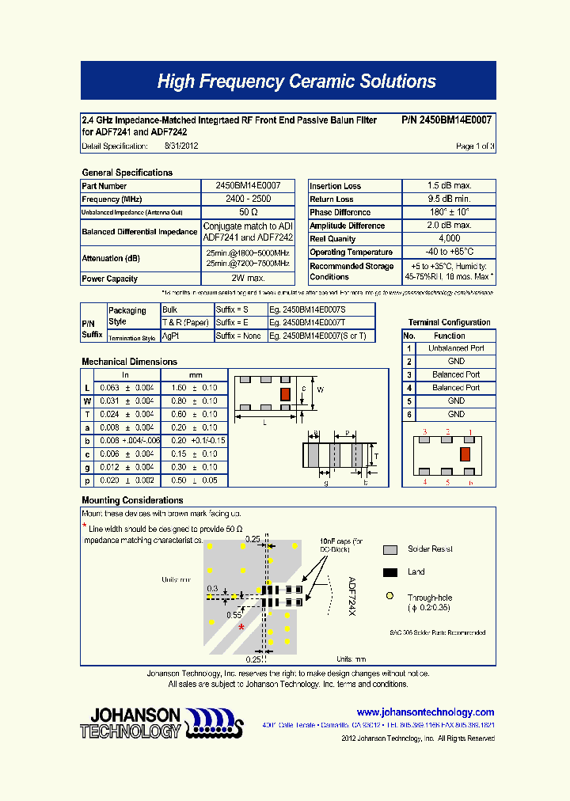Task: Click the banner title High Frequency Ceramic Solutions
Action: pyautogui.click(x=296, y=82)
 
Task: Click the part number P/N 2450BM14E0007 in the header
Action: pyautogui.click(x=446, y=120)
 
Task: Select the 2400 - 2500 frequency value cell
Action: pyautogui.click(x=248, y=199)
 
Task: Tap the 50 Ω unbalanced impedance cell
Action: pyautogui.click(x=248, y=213)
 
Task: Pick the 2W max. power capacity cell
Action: pyautogui.click(x=248, y=279)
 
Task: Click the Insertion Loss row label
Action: pyautogui.click(x=336, y=186)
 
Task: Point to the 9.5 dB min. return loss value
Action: pyautogui.click(x=449, y=199)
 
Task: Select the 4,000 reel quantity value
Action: pyautogui.click(x=449, y=238)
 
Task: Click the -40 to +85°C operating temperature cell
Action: pyautogui.click(x=449, y=252)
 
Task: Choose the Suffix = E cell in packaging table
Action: pyautogui.click(x=241, y=323)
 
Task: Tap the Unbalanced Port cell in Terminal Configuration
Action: pyautogui.click(x=456, y=348)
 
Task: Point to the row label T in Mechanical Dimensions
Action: pyautogui.click(x=87, y=414)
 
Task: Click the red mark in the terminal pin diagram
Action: pyautogui.click(x=465, y=454)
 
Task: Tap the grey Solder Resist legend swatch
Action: pyautogui.click(x=389, y=550)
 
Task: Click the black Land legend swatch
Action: pyautogui.click(x=389, y=572)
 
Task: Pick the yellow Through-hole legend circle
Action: pyautogui.click(x=389, y=596)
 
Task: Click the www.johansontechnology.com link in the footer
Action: pyautogui.click(x=425, y=712)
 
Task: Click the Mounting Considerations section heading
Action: pyautogui.click(x=132, y=500)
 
